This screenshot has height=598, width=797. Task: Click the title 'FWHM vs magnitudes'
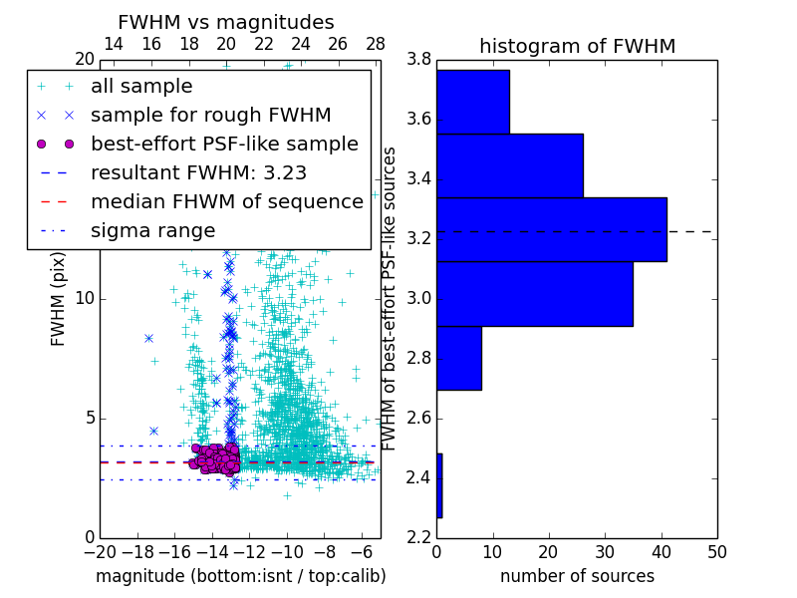tap(226, 22)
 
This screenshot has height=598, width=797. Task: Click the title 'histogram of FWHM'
tap(577, 46)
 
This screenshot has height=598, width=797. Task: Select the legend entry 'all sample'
tap(141, 87)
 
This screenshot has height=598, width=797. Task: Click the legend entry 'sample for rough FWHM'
tap(210, 115)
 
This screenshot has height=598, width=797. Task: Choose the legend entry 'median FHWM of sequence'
tap(226, 201)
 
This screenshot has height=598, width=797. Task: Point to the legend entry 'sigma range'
tap(152, 230)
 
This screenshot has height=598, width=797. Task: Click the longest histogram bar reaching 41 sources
tap(552, 229)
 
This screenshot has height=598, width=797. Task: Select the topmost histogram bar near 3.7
tap(473, 102)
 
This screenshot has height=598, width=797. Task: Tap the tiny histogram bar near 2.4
tap(439, 485)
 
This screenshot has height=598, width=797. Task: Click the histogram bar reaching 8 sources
tap(459, 358)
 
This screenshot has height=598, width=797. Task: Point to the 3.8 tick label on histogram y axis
tap(418, 59)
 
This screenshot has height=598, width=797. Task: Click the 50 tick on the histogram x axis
tap(715, 551)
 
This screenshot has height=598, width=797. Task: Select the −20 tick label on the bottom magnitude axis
tap(100, 551)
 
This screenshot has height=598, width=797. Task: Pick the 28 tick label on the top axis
tap(376, 44)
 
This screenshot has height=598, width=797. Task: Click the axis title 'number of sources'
tap(577, 576)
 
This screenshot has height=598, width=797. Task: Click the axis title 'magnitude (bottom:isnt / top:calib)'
tap(240, 576)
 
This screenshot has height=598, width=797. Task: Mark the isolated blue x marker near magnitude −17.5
tap(148, 338)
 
